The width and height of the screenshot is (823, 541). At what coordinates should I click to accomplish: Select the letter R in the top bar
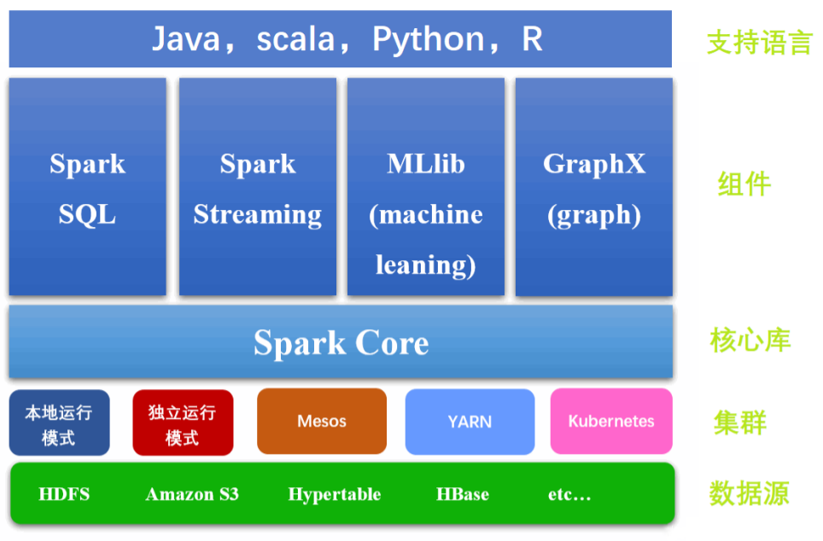click(532, 39)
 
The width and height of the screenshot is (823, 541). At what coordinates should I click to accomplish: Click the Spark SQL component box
click(87, 188)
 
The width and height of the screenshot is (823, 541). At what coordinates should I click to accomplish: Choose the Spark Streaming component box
click(257, 188)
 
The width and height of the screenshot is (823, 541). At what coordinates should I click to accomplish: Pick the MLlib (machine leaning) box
click(425, 188)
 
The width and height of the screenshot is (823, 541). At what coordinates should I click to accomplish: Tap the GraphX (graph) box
click(593, 188)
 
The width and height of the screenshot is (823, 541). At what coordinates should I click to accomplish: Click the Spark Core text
click(341, 343)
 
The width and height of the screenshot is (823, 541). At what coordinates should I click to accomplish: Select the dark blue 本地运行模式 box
click(59, 423)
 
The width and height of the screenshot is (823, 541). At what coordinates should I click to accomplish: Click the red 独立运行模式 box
click(182, 423)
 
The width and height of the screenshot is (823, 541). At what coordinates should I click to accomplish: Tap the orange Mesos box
click(322, 422)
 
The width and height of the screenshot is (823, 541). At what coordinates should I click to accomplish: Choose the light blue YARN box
click(469, 422)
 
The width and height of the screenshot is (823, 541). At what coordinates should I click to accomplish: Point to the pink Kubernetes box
click(611, 422)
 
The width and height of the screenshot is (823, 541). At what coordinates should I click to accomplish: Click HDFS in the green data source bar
click(64, 494)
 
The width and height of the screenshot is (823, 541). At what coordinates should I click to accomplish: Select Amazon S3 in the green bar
click(192, 494)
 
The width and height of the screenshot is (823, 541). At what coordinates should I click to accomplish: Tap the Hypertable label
click(334, 494)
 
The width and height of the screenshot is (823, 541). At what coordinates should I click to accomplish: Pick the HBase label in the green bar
click(462, 494)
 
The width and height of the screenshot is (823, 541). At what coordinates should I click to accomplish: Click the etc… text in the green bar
click(569, 494)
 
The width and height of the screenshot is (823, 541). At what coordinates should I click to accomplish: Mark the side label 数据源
click(749, 494)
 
